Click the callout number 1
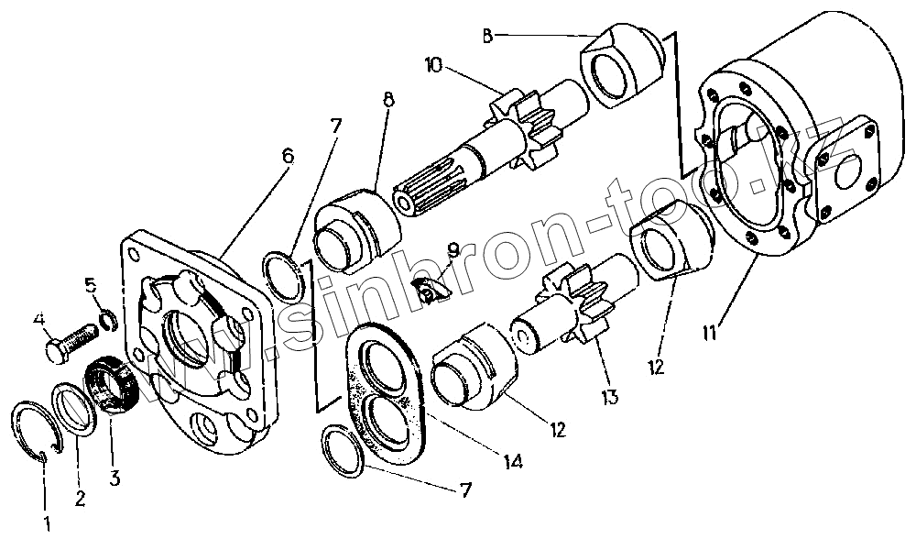(47, 525)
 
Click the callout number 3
(114, 477)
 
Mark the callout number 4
(39, 320)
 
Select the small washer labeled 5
(107, 319)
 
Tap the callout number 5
(91, 284)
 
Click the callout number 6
(288, 156)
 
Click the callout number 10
(433, 65)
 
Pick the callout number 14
(514, 464)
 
